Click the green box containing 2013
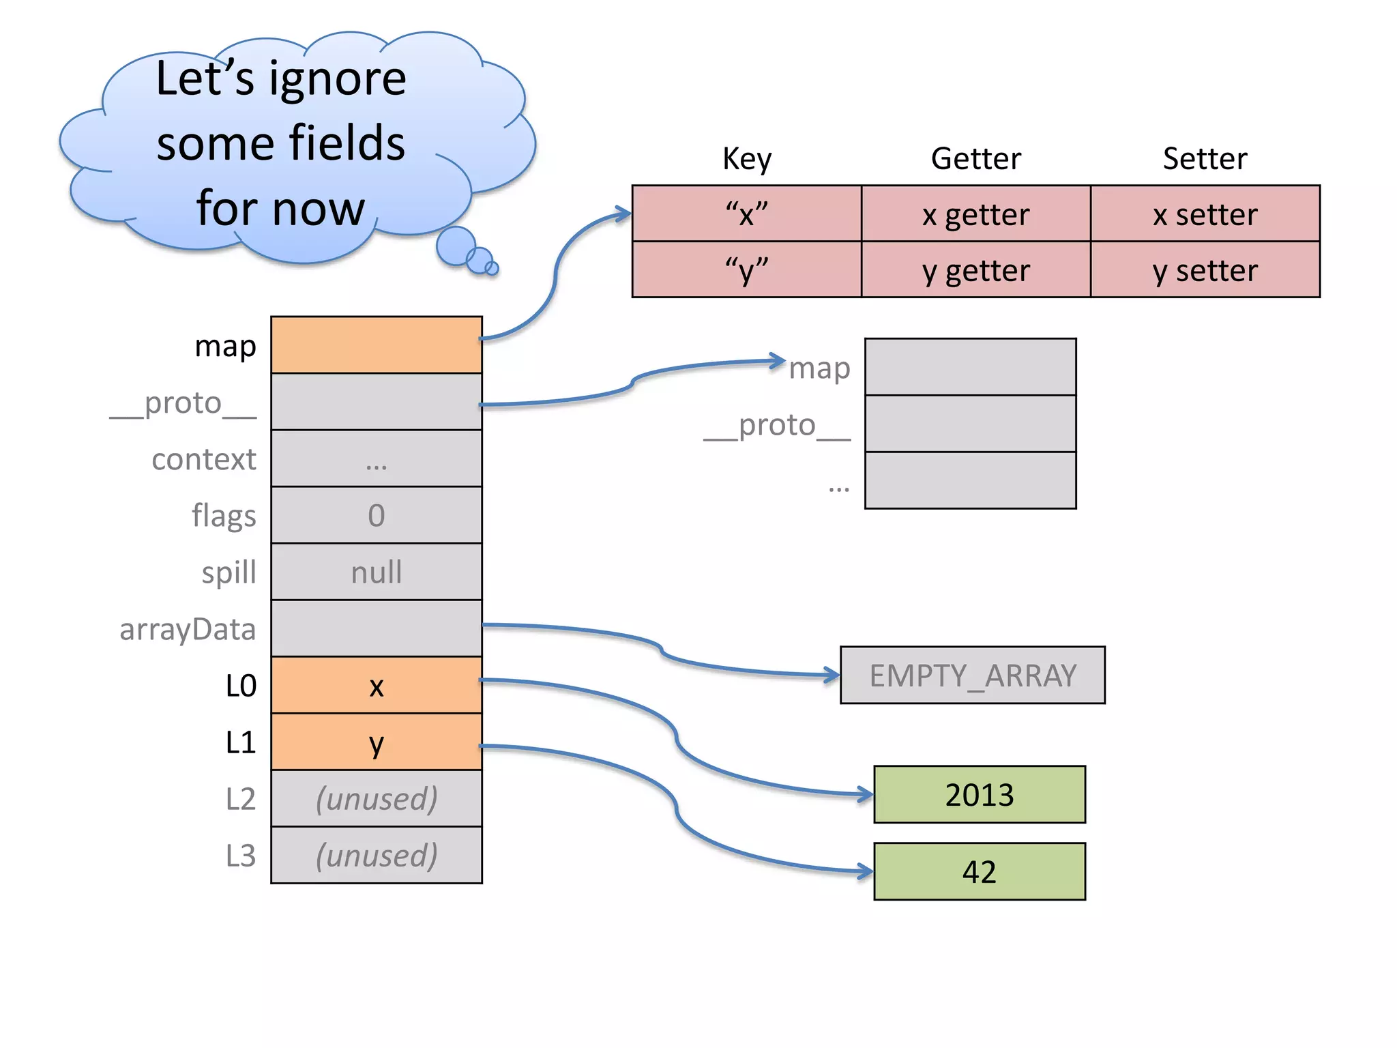coord(979,794)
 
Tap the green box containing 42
coord(979,871)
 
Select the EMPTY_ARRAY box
coord(972,675)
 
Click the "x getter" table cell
coord(975,214)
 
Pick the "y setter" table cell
coord(1205,270)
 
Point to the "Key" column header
coord(747,158)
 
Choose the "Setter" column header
coord(1205,158)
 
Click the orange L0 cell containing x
coord(377,685)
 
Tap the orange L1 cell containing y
coord(377,742)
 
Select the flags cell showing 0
coord(377,515)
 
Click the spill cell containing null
coord(377,572)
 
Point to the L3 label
coord(240,856)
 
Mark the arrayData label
coord(188,629)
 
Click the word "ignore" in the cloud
coord(338,80)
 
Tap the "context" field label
coord(203,459)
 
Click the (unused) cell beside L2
coord(377,798)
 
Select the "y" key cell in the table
coord(747,270)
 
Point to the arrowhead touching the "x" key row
coord(623,214)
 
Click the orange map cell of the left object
coord(377,345)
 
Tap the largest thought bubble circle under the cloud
coord(456,246)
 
